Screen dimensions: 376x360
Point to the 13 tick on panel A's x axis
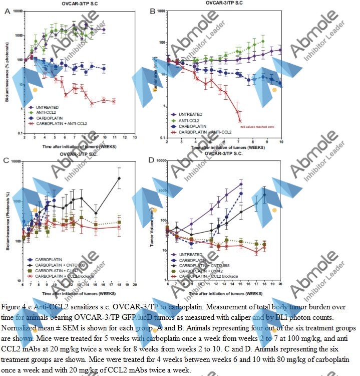[x=135, y=137]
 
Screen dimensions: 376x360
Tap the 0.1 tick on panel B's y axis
[x=161, y=137]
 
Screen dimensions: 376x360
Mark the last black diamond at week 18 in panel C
[x=119, y=178]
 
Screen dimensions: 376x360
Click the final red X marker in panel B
[x=240, y=121]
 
